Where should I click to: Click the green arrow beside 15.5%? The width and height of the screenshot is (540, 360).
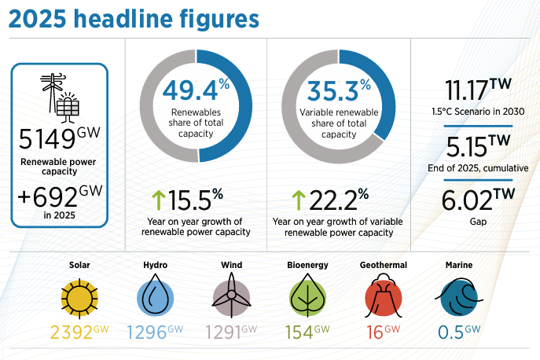(159, 200)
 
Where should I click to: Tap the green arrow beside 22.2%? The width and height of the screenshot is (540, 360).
(299, 200)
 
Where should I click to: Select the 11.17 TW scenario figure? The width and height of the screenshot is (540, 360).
(467, 90)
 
